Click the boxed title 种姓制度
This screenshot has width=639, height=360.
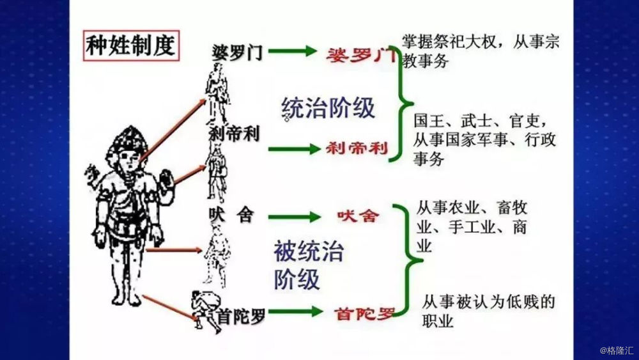131,45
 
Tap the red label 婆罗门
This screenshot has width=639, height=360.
360,55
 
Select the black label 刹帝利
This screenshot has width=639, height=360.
235,133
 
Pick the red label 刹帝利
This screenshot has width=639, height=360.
357,148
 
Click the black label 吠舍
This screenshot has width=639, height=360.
231,215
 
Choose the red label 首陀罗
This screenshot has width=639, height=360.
365,313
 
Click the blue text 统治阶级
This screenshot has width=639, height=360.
328,109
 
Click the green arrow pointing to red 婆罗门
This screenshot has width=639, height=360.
292,51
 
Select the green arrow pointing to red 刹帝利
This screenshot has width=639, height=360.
294,149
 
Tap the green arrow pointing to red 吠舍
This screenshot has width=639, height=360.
294,217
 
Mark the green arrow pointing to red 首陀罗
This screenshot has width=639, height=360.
295,311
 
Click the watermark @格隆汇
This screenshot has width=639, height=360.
617,350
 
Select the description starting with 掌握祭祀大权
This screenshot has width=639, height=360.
481,51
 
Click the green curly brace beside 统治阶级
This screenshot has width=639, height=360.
402,104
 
